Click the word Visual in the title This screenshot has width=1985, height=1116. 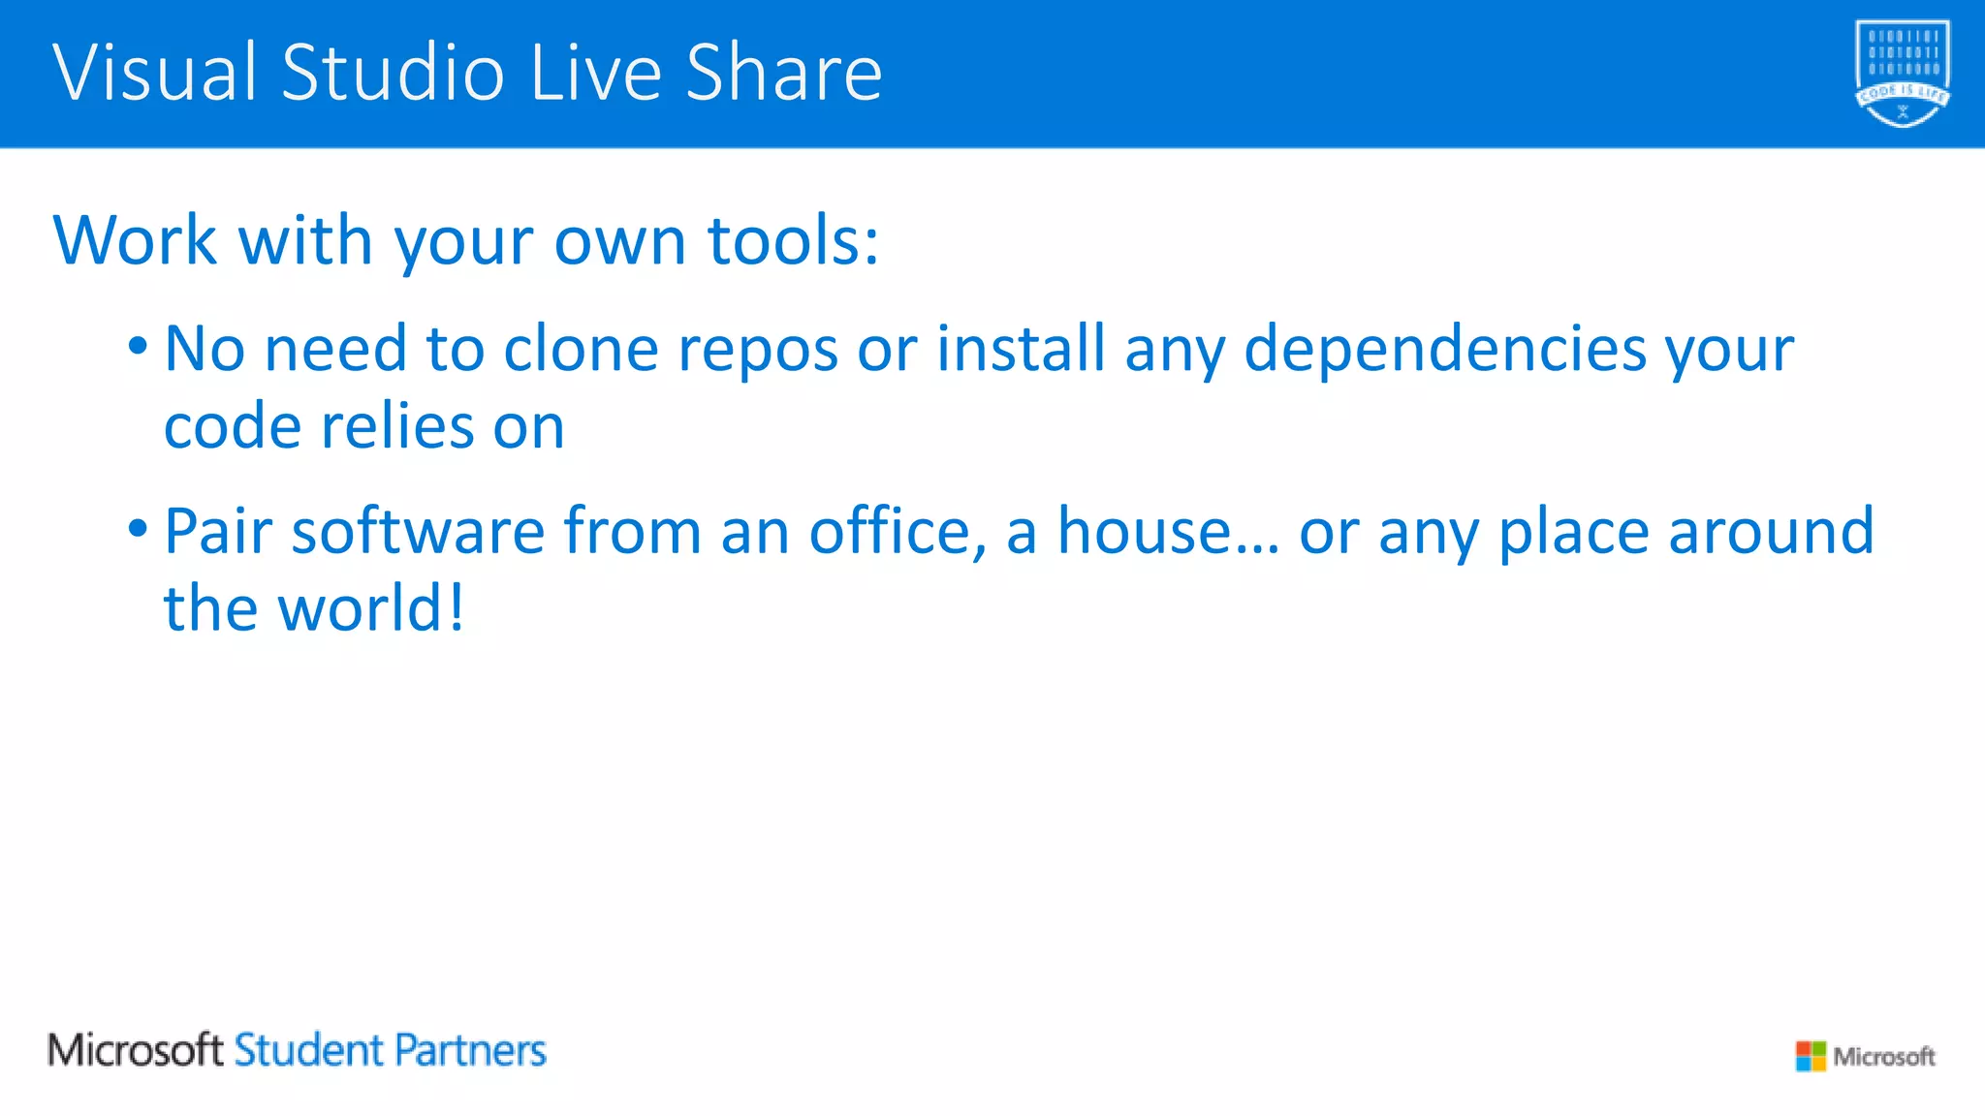tap(155, 73)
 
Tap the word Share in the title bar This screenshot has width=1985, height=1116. tap(784, 73)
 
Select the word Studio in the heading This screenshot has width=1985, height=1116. tap(393, 73)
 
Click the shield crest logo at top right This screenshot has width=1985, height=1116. tap(1902, 74)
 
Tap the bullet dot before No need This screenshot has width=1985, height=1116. tap(138, 345)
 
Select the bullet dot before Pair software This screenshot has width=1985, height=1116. tap(138, 529)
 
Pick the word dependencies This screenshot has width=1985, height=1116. tap(1445, 351)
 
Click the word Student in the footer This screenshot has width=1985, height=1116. tap(309, 1050)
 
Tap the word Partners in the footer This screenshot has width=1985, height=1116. tap(470, 1050)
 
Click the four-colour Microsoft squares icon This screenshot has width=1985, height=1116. tap(1810, 1056)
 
